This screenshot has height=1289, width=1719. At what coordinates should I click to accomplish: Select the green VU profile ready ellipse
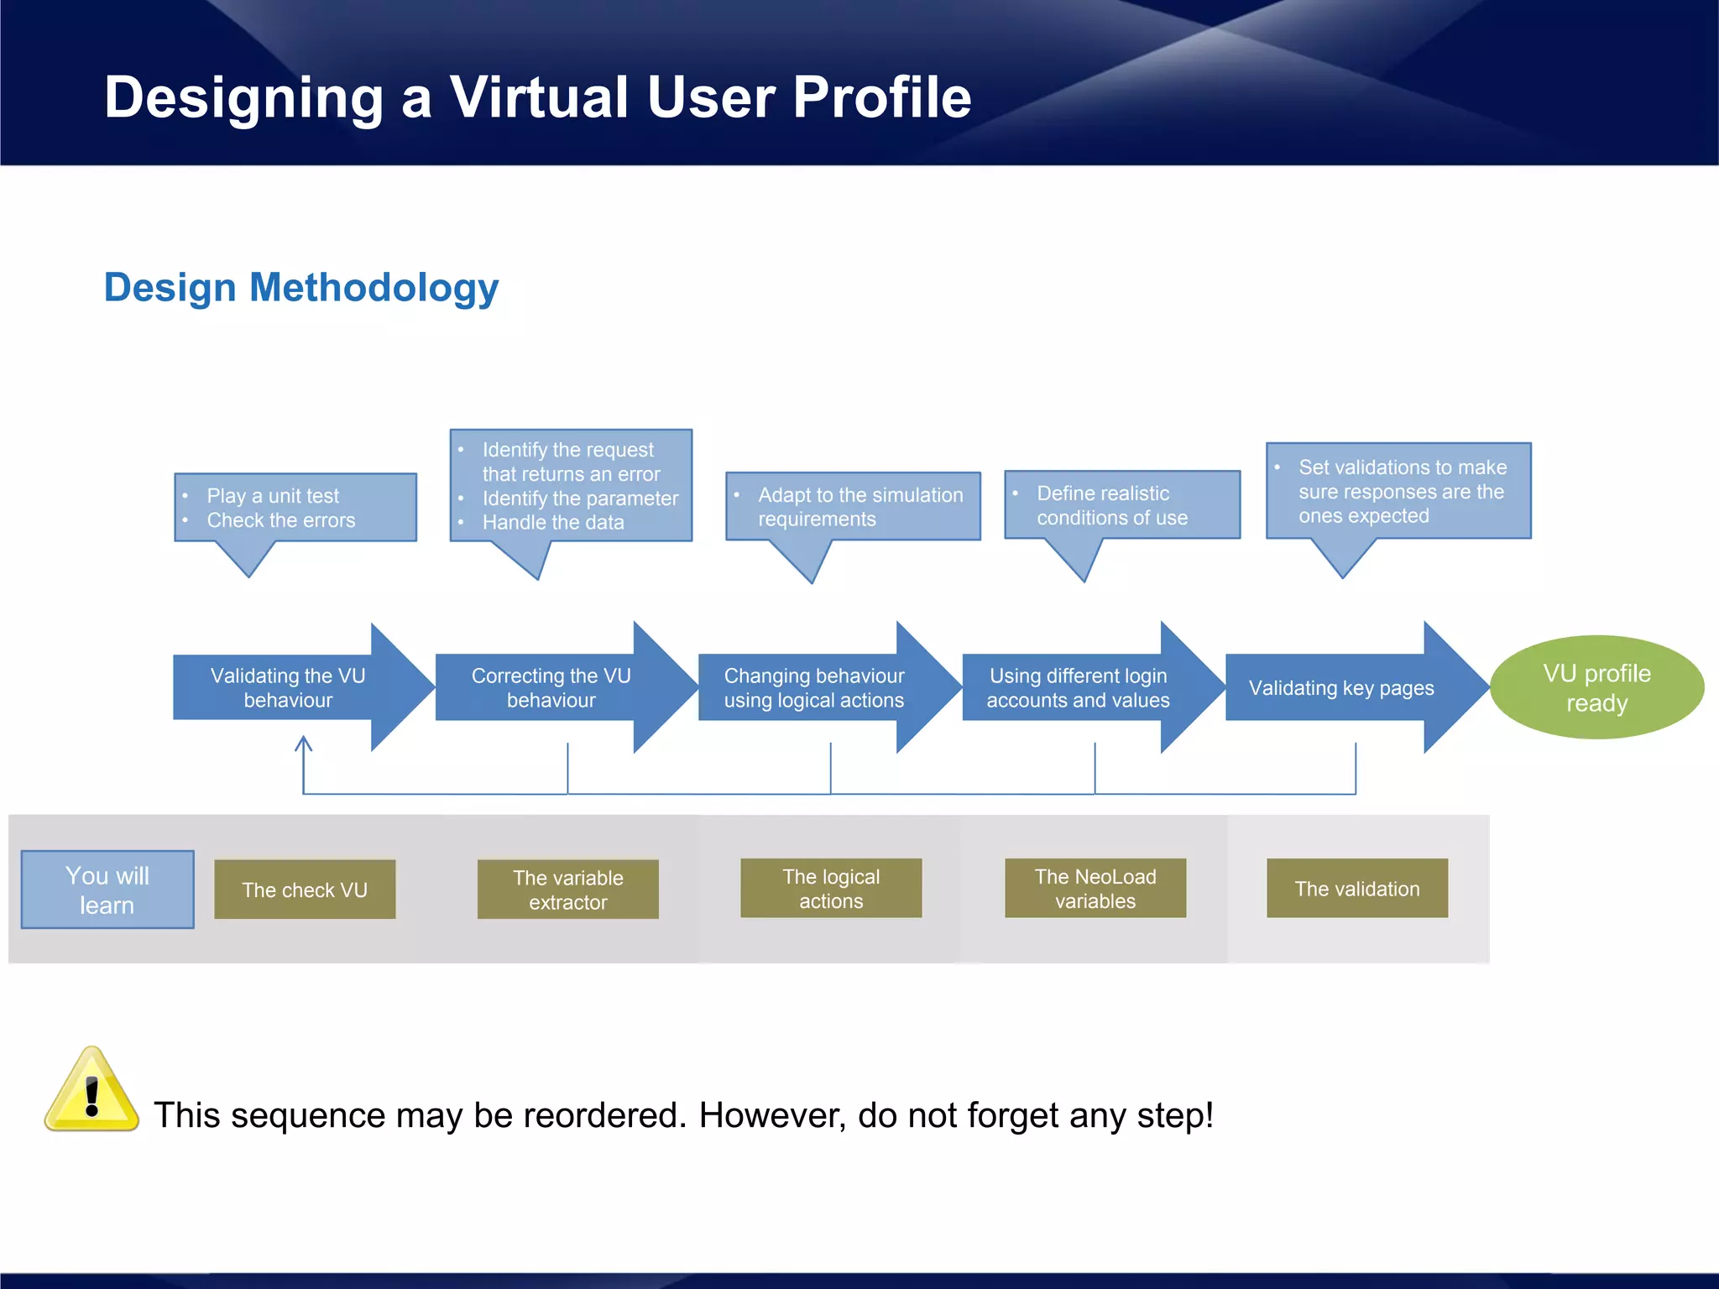click(x=1596, y=687)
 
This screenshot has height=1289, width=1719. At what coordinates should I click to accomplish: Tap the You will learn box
click(x=107, y=890)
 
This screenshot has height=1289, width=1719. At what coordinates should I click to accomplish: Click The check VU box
click(x=305, y=890)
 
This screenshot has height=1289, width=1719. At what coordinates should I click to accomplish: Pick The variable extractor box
click(x=568, y=890)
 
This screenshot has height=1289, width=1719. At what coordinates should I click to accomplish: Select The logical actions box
click(x=831, y=889)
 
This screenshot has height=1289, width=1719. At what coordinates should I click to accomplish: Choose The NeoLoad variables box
click(x=1095, y=889)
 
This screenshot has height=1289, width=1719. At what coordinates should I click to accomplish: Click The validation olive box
click(x=1357, y=889)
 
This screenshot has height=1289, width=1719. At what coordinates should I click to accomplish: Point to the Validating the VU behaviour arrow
click(x=288, y=687)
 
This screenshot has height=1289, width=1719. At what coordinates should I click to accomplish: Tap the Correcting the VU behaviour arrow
click(x=551, y=687)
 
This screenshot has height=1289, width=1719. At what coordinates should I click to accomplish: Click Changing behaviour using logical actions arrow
click(x=814, y=687)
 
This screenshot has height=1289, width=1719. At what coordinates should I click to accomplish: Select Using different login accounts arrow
click(x=1078, y=687)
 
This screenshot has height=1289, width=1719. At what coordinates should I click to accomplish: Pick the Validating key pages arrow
click(x=1341, y=687)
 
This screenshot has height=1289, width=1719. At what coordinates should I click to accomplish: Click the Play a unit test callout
click(x=295, y=508)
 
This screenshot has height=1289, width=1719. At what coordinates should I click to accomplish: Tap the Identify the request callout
click(x=571, y=486)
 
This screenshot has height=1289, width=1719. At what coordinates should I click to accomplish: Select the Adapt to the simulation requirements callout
click(x=853, y=507)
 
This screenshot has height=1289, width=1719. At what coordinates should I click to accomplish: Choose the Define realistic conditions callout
click(x=1122, y=505)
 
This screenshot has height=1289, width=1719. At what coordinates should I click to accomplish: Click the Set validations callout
click(x=1398, y=491)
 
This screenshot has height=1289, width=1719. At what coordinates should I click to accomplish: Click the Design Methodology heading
click(x=301, y=288)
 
